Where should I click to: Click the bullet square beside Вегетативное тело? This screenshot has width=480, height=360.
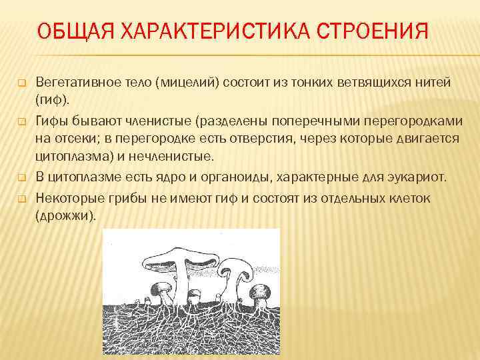pos(21,83)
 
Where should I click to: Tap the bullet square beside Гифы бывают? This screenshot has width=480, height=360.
pos(21,121)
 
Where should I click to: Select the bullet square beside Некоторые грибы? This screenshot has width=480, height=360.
pos(21,199)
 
